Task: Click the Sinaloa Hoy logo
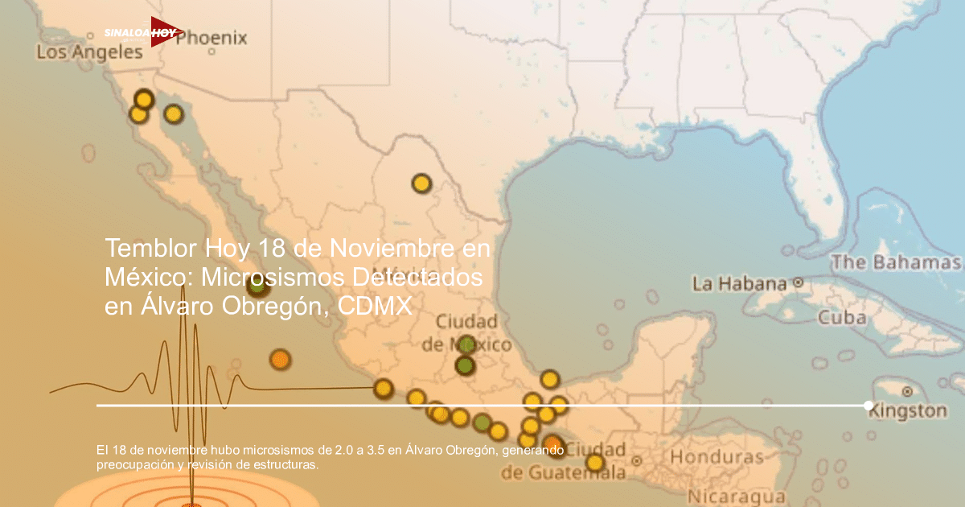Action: [x=143, y=33]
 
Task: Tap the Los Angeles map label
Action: [x=89, y=53]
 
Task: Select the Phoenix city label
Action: [x=211, y=38]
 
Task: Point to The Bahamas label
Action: [x=896, y=262]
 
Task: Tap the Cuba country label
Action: [x=842, y=317]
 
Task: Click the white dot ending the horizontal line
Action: [x=868, y=406]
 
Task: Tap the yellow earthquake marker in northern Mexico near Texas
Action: [x=421, y=183]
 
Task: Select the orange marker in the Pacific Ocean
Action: [x=280, y=359]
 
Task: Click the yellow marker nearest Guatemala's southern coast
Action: [x=594, y=463]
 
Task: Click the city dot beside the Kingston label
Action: [x=907, y=392]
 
